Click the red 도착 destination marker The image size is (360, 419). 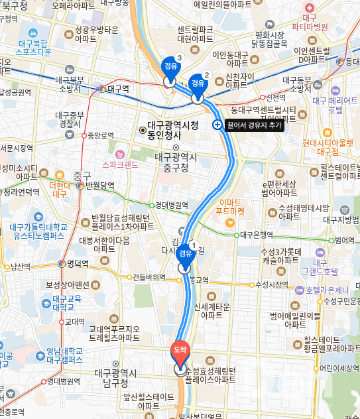point(180,349)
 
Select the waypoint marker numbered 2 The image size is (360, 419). point(197,83)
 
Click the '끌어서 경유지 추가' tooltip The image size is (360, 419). point(255,125)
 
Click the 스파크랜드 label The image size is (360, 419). point(120,163)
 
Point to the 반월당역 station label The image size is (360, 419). point(100,186)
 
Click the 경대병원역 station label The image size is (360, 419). point(172,206)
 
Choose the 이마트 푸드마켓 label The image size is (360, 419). point(231,207)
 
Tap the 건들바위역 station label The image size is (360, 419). point(149,277)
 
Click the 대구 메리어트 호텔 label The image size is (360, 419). point(335,105)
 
